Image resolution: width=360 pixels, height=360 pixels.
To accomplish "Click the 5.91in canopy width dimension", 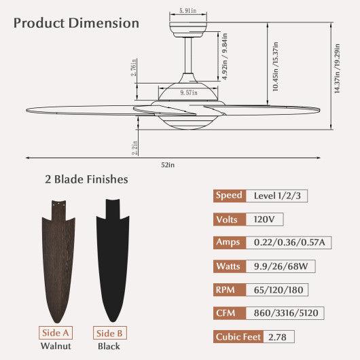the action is pyautogui.click(x=187, y=11).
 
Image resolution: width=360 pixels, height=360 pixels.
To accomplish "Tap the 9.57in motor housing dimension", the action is pyautogui.click(x=189, y=93).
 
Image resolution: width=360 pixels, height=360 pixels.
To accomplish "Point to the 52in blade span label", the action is pyautogui.click(x=168, y=165).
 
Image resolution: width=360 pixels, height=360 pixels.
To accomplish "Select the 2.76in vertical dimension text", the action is pyautogui.click(x=134, y=67).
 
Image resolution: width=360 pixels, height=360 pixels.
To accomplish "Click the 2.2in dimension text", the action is pyautogui.click(x=134, y=148).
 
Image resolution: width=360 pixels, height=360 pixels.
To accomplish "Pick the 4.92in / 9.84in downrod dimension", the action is pyautogui.click(x=225, y=56).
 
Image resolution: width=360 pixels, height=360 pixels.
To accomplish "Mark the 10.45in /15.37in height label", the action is pyautogui.click(x=276, y=67).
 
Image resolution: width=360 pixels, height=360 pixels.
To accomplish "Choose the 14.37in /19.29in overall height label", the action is pyautogui.click(x=337, y=69).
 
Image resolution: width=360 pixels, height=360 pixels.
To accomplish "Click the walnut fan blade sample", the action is pyautogui.click(x=58, y=262).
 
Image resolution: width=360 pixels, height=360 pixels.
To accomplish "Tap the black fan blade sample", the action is pyautogui.click(x=113, y=260).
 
